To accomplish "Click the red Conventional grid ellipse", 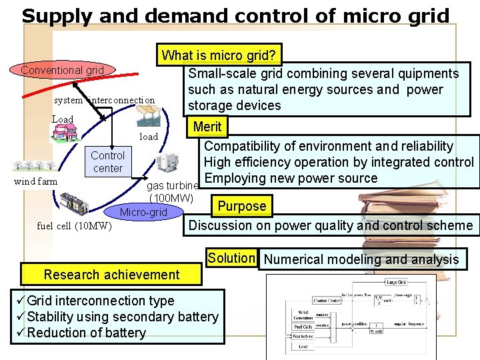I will pos(62,70).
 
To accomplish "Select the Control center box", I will pos(107,161).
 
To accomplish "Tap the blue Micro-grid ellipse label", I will pos(143,213).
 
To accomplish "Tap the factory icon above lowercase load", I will pos(147,116).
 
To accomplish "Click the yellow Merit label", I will pos(207,127).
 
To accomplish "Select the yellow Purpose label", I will pos(242,206).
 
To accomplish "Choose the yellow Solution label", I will pos(231,258).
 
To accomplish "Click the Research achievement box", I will pos(111,274).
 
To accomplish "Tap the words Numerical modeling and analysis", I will pos(362,259).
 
